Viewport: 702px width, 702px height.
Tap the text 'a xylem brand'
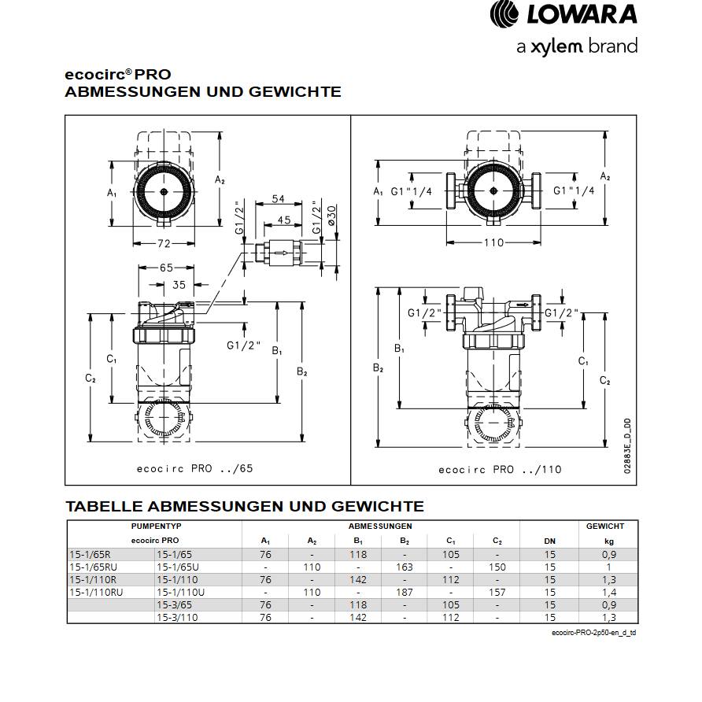click(576, 47)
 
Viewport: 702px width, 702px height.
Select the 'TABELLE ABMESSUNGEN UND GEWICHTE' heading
click(244, 506)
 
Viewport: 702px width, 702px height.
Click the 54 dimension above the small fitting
click(278, 199)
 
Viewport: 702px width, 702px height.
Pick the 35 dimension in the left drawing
click(179, 285)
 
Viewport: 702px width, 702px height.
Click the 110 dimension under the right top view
click(493, 242)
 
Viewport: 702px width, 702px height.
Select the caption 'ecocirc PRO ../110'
click(500, 469)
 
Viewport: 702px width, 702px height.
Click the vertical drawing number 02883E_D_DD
click(627, 445)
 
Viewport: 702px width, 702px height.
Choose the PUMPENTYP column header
click(154, 526)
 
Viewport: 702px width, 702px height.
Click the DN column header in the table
click(549, 541)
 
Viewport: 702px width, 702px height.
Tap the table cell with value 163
click(405, 567)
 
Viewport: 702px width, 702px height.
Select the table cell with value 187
click(405, 592)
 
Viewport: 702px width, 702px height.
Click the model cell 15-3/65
click(175, 604)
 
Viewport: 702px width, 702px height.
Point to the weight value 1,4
click(608, 592)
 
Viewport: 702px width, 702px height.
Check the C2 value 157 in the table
click(497, 592)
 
